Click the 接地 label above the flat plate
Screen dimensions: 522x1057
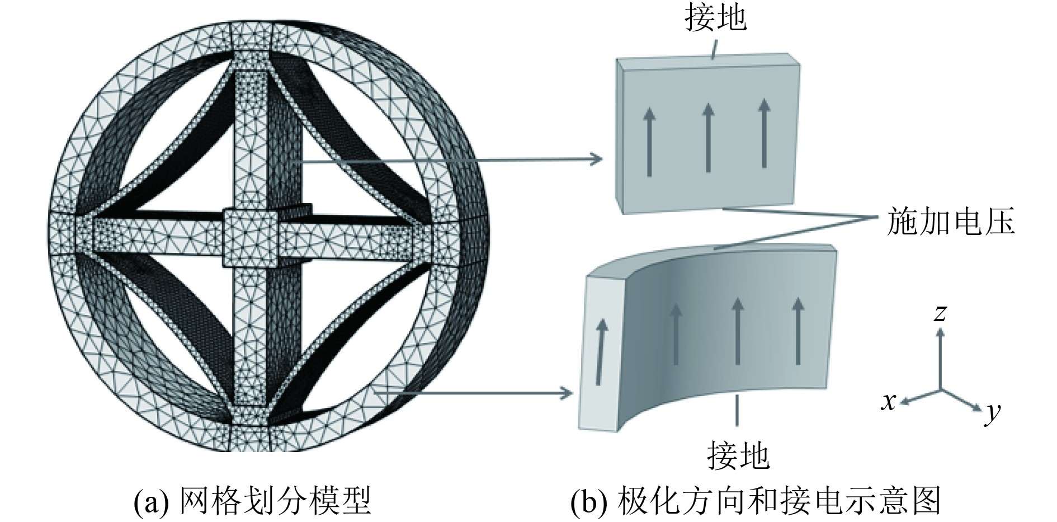coord(715,17)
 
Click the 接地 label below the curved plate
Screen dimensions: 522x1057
coord(738,454)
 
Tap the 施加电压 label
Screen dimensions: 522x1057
coord(950,222)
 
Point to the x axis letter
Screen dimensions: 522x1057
coord(889,401)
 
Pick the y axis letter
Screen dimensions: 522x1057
coord(993,413)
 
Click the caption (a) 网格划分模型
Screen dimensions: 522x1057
coord(252,500)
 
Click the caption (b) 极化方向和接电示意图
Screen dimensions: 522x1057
coord(755,500)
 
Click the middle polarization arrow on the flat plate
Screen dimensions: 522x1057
coord(708,137)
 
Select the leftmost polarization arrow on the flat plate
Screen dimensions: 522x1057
coord(649,142)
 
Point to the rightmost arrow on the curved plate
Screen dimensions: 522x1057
coord(798,331)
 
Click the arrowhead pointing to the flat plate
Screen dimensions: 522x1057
coord(597,159)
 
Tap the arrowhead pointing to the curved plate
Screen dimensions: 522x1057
coord(568,393)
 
